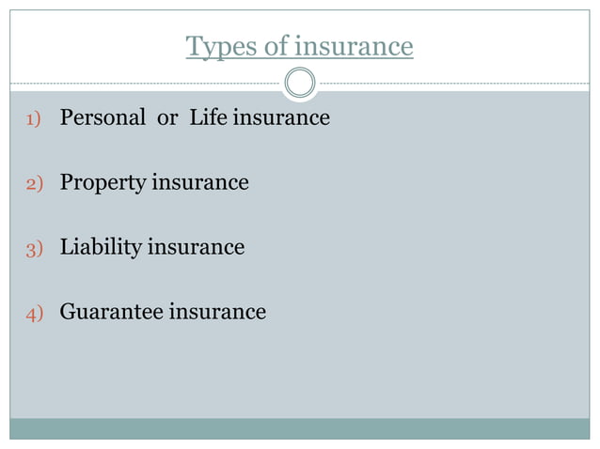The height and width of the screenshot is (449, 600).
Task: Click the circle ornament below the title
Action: click(x=300, y=84)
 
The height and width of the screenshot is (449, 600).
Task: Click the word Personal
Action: click(x=103, y=118)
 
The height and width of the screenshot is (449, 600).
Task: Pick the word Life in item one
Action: click(x=208, y=118)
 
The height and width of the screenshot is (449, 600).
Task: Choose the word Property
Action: click(x=101, y=183)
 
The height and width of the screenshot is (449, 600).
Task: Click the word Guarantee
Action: click(x=111, y=312)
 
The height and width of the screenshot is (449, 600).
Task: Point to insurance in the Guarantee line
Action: click(x=217, y=312)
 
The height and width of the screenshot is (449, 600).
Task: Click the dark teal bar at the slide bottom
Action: click(x=300, y=428)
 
